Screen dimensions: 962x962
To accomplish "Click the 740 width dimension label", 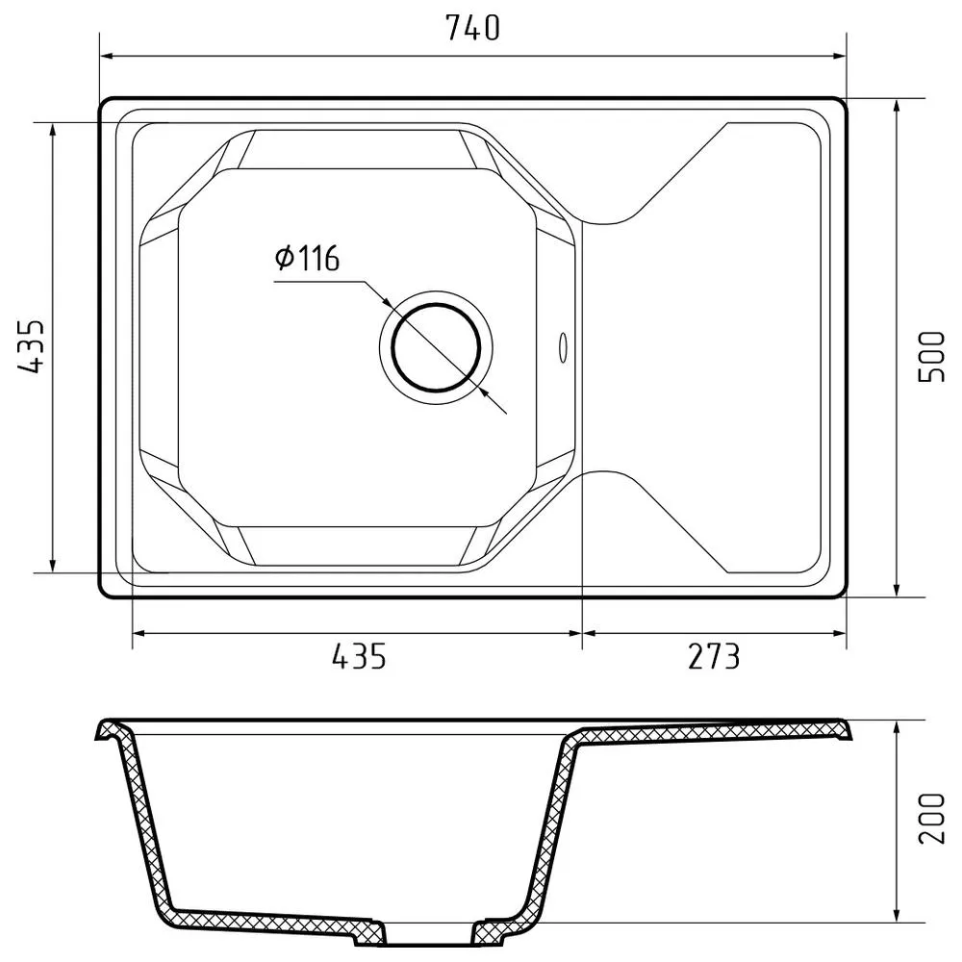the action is (472, 28).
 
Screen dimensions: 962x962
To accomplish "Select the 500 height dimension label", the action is (932, 357).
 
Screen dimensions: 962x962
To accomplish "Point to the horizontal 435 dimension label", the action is (359, 656).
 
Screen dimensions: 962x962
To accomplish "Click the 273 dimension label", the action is (714, 656).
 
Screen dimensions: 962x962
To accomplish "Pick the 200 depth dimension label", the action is (932, 819).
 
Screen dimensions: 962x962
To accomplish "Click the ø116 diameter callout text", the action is (307, 258).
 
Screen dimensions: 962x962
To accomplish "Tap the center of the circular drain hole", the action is (436, 348).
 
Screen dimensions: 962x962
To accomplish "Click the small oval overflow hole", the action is (562, 347).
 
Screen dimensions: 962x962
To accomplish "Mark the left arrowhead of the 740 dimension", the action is (108, 57).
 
